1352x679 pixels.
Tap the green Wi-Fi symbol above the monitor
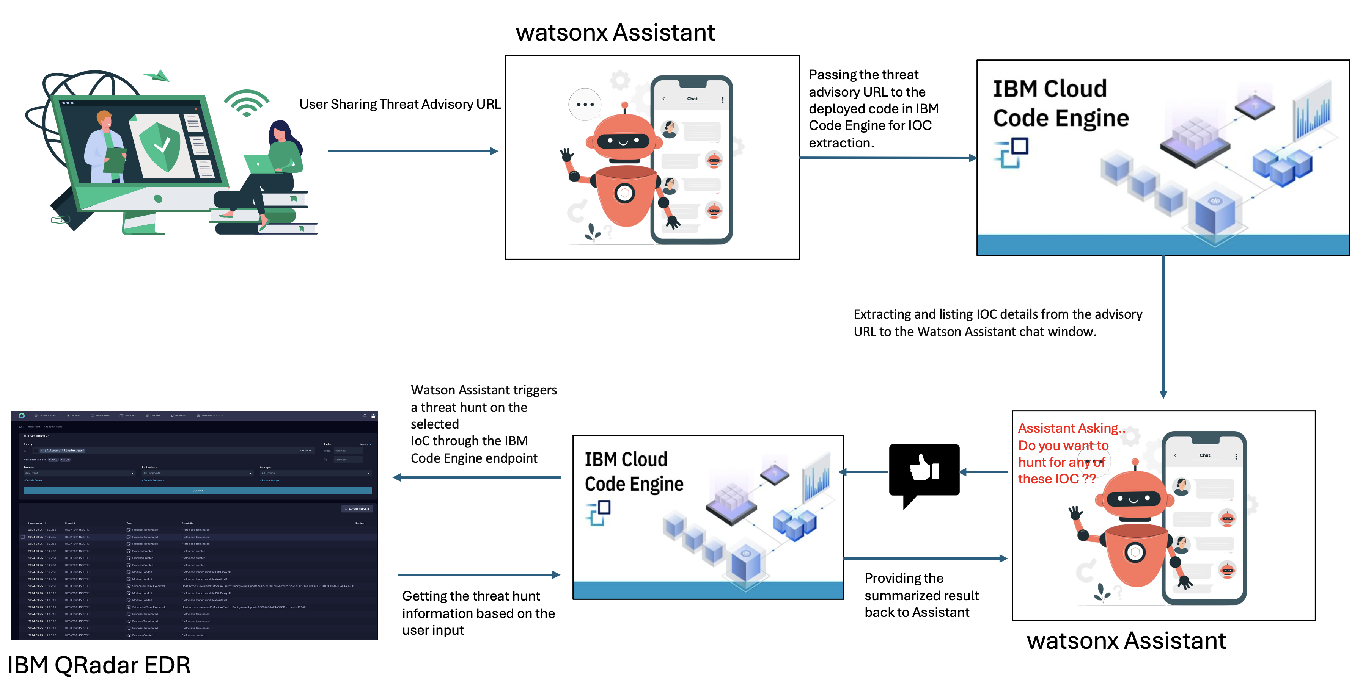coord(246,104)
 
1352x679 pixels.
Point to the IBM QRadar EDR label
coord(99,665)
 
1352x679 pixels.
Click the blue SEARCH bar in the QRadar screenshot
coord(197,491)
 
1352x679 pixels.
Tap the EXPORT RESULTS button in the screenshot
coord(357,508)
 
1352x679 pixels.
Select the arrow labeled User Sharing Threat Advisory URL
coord(412,151)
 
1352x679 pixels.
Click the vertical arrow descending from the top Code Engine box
coord(1163,325)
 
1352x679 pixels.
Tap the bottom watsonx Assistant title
coord(1126,640)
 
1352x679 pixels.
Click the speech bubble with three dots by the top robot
coord(585,104)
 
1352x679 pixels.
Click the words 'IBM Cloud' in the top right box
coord(1050,89)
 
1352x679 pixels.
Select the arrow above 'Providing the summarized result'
coord(925,559)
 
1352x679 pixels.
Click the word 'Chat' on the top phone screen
coord(692,99)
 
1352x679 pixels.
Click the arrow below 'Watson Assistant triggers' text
coord(476,477)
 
